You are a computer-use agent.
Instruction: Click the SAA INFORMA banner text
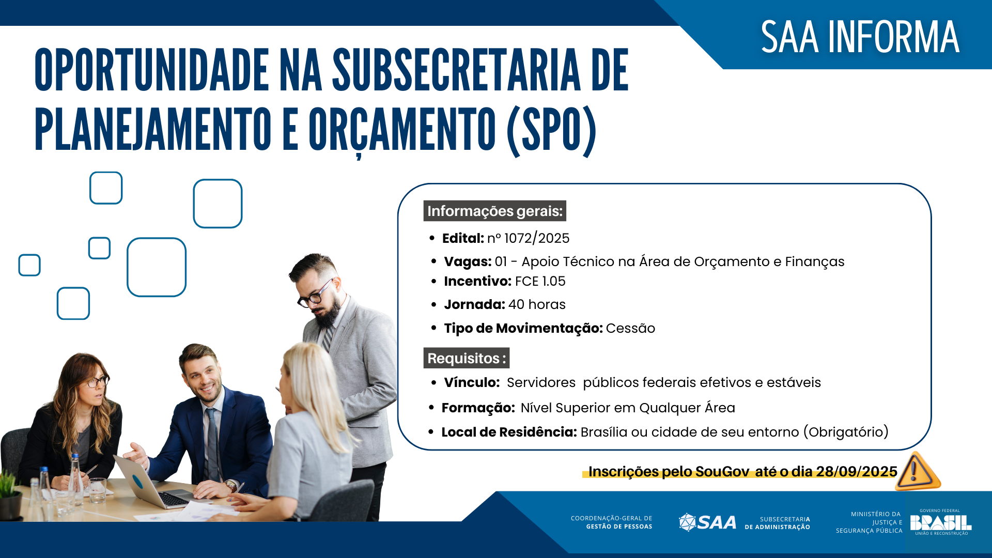pos(860,37)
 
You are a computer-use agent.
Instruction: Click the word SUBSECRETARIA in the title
pos(456,71)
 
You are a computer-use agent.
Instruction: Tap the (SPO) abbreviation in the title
pos(551,130)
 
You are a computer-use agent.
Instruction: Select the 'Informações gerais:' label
pos(494,211)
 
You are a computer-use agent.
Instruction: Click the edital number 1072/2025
pos(536,238)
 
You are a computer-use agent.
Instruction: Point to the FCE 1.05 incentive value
pos(540,281)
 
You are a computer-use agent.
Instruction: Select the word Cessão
pos(630,328)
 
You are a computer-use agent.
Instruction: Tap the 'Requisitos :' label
pos(466,358)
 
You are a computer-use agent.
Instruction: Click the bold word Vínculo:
pos(472,382)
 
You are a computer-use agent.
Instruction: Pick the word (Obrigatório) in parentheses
pos(846,432)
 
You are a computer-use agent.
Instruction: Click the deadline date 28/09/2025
pos(856,471)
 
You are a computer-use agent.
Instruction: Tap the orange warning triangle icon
pos(917,471)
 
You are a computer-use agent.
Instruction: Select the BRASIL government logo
pos(940,522)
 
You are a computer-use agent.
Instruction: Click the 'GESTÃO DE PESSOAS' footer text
pos(619,527)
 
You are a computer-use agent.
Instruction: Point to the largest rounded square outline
pos(157,267)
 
